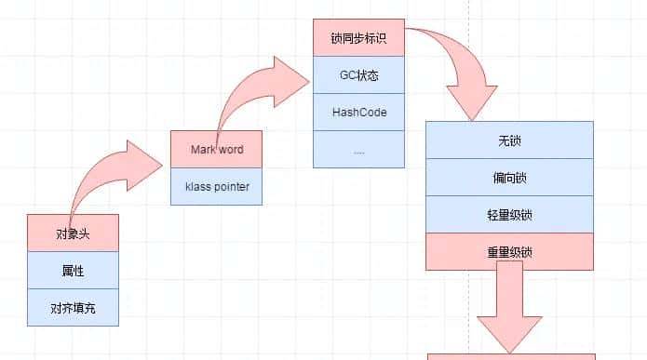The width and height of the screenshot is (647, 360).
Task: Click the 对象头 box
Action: click(73, 233)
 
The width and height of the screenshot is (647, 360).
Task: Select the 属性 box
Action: click(73, 270)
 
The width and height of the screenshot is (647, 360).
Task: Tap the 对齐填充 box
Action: click(73, 306)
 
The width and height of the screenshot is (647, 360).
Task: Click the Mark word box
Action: click(216, 150)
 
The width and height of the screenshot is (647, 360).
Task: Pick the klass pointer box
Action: click(216, 186)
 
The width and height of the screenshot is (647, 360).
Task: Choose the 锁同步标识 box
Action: click(357, 40)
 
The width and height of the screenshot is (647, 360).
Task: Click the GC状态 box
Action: click(357, 76)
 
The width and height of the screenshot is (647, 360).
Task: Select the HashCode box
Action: click(357, 113)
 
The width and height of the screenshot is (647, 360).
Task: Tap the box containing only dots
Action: click(357, 149)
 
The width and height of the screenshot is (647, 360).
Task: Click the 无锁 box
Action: click(508, 140)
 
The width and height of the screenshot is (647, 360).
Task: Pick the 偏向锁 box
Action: click(508, 177)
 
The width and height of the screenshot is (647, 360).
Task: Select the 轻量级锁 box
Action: click(508, 214)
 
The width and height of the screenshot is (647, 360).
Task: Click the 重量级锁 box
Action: click(508, 250)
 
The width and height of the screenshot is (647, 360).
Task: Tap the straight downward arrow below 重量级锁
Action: click(509, 307)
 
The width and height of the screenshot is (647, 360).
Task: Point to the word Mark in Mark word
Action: click(203, 150)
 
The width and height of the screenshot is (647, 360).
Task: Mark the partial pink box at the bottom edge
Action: click(510, 355)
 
